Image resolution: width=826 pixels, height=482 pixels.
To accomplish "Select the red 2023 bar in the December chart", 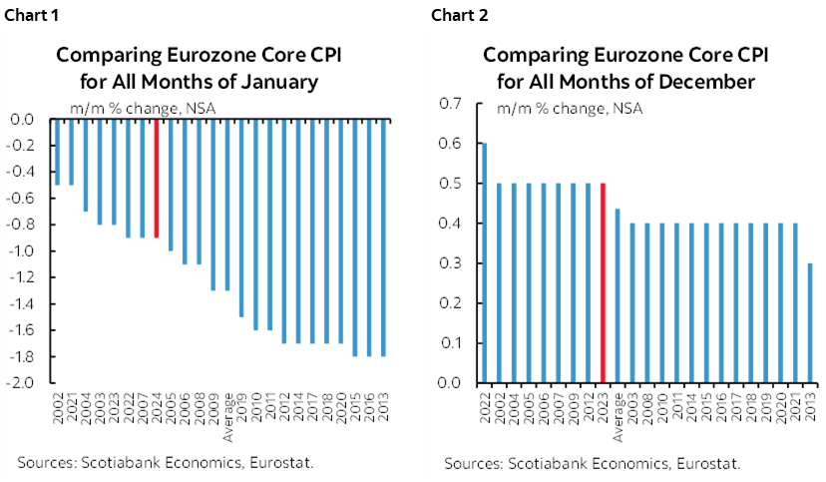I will (604, 282).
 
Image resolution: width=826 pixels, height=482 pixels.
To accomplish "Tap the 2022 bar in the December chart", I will (485, 262).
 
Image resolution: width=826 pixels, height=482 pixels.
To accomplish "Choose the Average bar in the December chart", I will (619, 295).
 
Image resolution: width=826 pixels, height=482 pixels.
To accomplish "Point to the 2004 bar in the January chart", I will (85, 166).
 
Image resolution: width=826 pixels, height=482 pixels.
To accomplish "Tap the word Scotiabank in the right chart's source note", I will (539, 463).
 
